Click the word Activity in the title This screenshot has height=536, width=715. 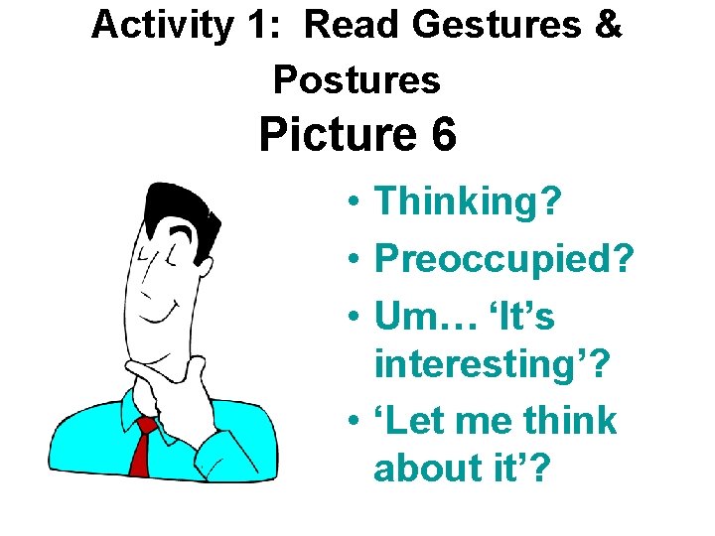(x=159, y=26)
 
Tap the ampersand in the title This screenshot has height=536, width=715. (x=608, y=26)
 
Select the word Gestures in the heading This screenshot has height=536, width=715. (x=491, y=26)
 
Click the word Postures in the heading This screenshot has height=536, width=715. (x=357, y=79)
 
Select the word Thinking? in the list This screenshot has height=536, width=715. (x=468, y=202)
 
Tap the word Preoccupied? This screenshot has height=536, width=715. (x=503, y=262)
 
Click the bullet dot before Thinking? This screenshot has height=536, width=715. (x=354, y=204)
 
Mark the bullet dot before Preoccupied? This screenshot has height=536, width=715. (x=354, y=263)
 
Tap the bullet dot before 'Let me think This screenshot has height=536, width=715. (x=354, y=422)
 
